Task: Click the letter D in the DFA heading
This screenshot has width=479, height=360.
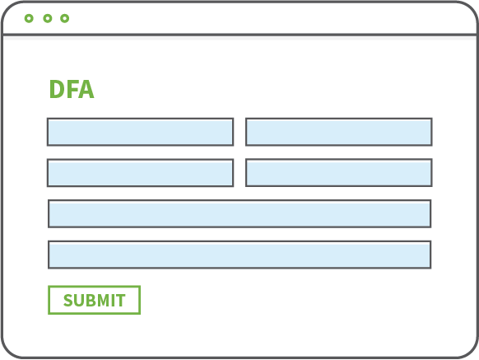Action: tap(57, 89)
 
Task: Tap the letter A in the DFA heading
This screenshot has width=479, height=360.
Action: tap(86, 89)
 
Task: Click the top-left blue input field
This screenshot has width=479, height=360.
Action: tap(141, 132)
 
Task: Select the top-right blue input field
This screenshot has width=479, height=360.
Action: tap(339, 132)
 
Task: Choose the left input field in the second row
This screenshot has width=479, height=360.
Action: tap(141, 173)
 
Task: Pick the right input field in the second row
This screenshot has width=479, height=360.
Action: tap(339, 172)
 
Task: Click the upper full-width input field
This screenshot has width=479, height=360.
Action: tap(239, 214)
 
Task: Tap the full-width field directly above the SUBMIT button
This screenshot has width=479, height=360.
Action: tap(239, 255)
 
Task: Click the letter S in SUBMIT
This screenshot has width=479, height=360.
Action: tap(68, 300)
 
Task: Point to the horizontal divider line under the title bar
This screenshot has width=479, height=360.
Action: tap(239, 35)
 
